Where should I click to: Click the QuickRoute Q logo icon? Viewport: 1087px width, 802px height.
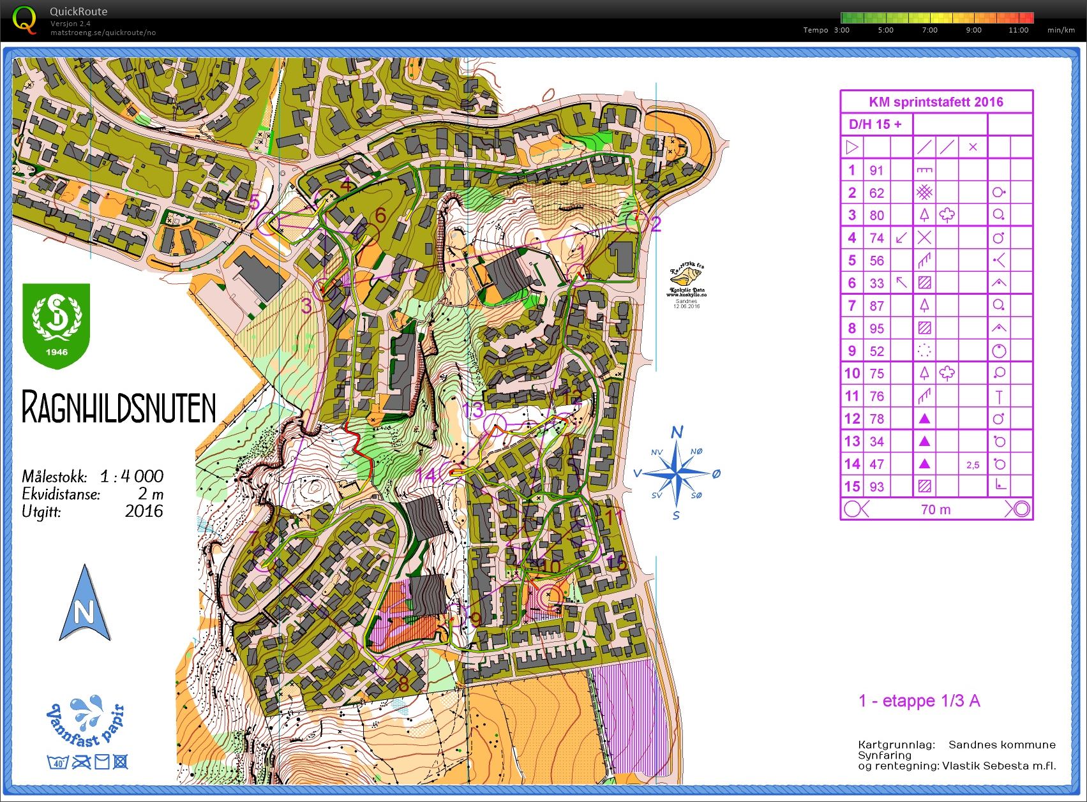click(x=24, y=19)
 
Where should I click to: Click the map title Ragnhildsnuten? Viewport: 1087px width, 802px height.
click(x=119, y=407)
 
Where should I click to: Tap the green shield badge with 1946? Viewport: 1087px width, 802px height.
click(x=56, y=326)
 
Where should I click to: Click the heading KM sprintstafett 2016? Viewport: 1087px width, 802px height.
click(x=936, y=102)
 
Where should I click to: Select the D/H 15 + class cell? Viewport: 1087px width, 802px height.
click(x=875, y=124)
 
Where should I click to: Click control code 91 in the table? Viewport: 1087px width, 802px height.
click(x=876, y=170)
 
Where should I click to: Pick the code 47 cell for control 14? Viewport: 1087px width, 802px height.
click(x=876, y=464)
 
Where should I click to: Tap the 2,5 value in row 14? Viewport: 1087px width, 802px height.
click(x=972, y=465)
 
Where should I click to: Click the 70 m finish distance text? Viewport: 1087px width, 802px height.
click(x=936, y=510)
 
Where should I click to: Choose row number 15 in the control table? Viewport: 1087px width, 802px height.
click(x=852, y=486)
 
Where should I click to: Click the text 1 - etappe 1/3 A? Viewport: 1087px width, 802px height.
click(x=919, y=701)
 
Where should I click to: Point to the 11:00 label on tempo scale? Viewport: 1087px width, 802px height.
click(x=1018, y=30)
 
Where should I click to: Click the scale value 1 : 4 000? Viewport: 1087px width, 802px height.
click(x=131, y=477)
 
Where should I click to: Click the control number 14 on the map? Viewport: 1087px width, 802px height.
click(x=426, y=475)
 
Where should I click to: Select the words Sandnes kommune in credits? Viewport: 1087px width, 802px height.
click(x=1001, y=745)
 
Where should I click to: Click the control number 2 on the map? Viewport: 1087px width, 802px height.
click(x=655, y=224)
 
